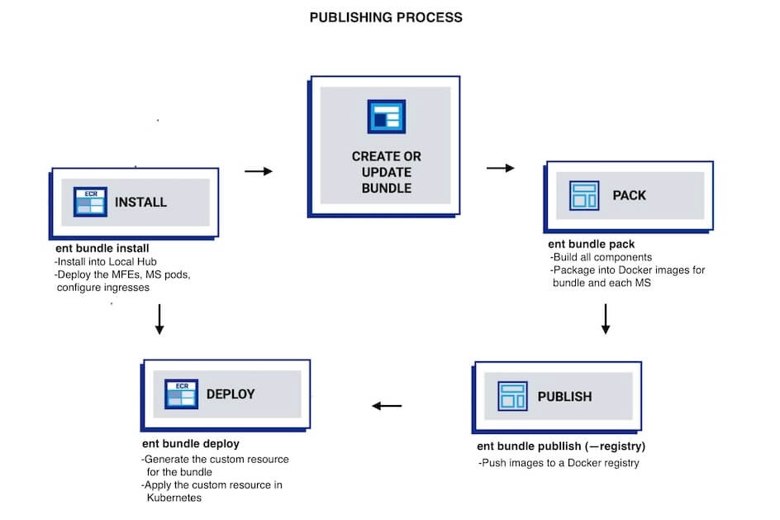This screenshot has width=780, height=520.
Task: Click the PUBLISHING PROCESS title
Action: pyautogui.click(x=386, y=17)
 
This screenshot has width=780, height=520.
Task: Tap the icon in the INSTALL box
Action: pyautogui.click(x=89, y=202)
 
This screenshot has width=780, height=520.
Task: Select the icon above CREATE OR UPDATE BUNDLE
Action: pyautogui.click(x=384, y=116)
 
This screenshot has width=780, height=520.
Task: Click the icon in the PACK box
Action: pyautogui.click(x=584, y=196)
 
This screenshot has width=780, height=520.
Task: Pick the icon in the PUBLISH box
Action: pyautogui.click(x=512, y=396)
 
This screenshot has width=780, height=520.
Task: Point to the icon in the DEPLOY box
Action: pyautogui.click(x=180, y=394)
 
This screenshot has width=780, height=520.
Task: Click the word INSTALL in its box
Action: pyautogui.click(x=140, y=203)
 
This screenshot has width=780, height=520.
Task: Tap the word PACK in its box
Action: pyautogui.click(x=629, y=196)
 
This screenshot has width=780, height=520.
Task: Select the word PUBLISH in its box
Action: pyautogui.click(x=564, y=397)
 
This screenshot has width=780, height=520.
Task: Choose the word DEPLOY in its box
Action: pyautogui.click(x=231, y=394)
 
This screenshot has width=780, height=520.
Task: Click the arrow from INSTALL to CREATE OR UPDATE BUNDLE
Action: pyautogui.click(x=259, y=172)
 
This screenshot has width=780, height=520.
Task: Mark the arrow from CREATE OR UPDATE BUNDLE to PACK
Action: pyautogui.click(x=500, y=169)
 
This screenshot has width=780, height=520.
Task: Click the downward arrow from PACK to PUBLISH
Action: pyautogui.click(x=606, y=318)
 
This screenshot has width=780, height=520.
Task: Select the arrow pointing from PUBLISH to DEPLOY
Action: pyautogui.click(x=387, y=406)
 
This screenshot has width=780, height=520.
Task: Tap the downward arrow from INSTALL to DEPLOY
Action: pyautogui.click(x=159, y=318)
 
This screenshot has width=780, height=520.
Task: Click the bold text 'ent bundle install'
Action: pyautogui.click(x=102, y=248)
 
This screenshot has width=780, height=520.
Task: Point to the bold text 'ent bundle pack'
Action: pyautogui.click(x=592, y=245)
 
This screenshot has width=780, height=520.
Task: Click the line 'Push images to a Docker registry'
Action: pyautogui.click(x=559, y=463)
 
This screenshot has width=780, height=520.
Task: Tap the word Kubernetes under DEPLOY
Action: pyautogui.click(x=174, y=498)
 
